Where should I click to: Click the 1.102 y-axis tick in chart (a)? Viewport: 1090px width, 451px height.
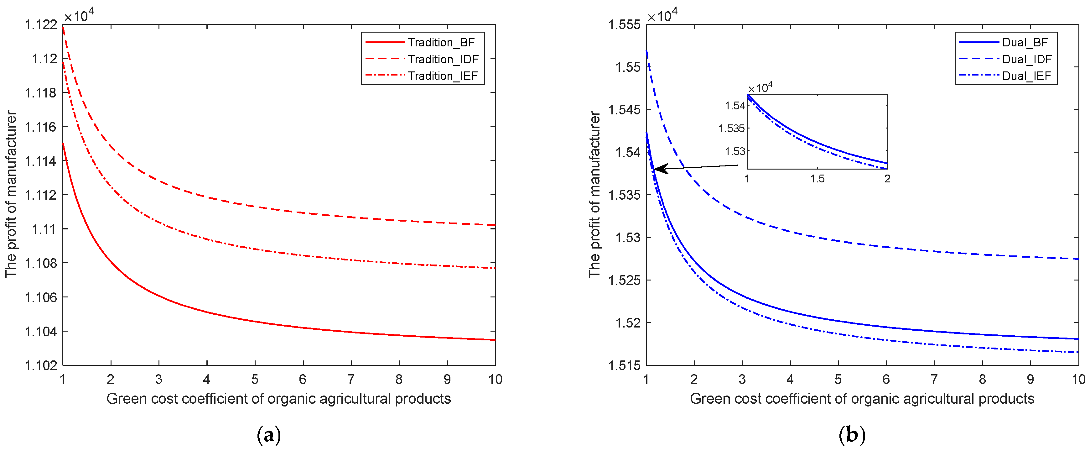click(x=41, y=365)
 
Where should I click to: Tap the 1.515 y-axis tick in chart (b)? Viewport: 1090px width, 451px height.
click(x=624, y=365)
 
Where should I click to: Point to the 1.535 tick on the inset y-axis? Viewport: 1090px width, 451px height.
click(x=731, y=128)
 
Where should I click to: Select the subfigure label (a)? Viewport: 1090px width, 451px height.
click(x=269, y=435)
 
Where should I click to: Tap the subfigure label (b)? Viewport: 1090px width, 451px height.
click(x=852, y=435)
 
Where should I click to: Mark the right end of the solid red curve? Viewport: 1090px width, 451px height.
click(x=494, y=340)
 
